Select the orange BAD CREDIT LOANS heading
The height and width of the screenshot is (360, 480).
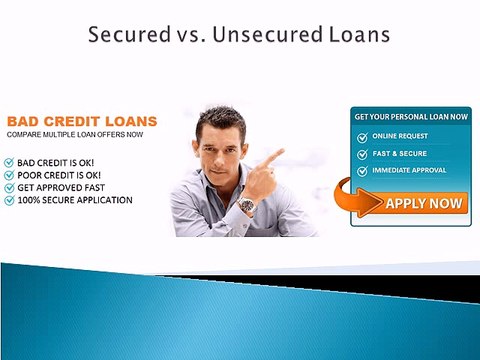82,120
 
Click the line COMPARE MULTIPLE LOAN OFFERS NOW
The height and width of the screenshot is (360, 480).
75,134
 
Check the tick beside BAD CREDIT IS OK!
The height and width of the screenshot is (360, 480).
10,161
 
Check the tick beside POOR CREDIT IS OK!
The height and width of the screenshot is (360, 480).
10,174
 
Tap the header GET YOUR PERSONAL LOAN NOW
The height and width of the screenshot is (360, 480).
410,117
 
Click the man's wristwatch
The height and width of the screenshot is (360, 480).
246,206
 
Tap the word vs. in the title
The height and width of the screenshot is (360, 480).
184,36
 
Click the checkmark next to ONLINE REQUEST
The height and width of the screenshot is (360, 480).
362,136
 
